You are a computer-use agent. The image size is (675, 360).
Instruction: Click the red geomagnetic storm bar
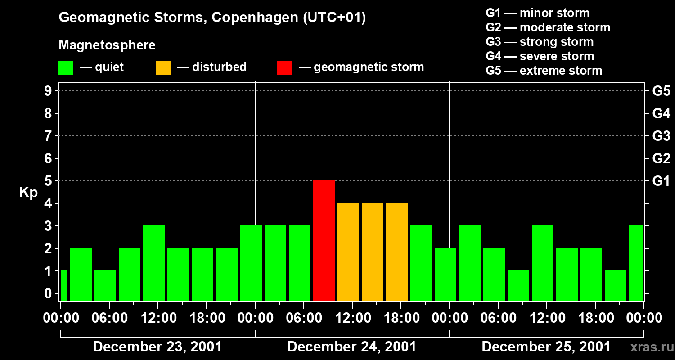coord(324,240)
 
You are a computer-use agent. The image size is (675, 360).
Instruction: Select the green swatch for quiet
coord(66,67)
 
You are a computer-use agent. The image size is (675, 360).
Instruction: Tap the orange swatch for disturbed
coord(163,67)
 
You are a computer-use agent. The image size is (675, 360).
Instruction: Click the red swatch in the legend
coord(284,67)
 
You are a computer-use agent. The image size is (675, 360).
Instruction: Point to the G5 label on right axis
coord(661,91)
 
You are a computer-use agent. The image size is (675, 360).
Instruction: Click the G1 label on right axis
coord(661,181)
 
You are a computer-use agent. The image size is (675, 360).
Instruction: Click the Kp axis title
coord(28,193)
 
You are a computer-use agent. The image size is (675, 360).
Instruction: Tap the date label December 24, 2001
coord(351,347)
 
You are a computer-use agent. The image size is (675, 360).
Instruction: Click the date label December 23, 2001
coord(157,347)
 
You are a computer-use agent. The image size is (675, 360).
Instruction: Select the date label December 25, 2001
coord(546,347)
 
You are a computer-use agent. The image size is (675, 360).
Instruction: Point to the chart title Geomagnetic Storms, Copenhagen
coord(212,18)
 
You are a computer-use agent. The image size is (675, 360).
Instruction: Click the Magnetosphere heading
coord(107,45)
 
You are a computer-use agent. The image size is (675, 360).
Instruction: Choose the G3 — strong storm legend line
coord(540,42)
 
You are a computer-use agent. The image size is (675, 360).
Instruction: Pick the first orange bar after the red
coord(348,252)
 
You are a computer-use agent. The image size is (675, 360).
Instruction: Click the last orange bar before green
coord(397,252)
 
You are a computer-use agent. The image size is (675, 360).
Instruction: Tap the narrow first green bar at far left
coord(64,285)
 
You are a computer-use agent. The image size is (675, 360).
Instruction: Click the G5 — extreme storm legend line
coord(544,71)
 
